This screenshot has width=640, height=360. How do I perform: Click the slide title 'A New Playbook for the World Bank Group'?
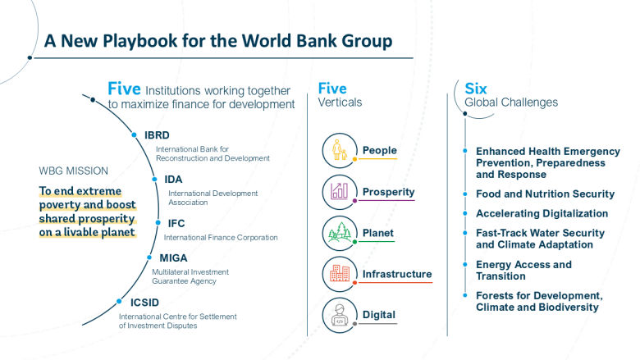tap(217, 40)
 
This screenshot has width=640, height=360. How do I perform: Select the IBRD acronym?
tap(158, 135)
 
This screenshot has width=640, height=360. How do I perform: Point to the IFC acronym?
tap(176, 223)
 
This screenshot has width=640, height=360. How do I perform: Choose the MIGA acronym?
tap(173, 258)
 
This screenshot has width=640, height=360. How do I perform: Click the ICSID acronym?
tap(145, 302)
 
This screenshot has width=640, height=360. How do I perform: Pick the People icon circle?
tap(340, 151)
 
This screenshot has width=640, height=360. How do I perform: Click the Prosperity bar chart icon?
tap(340, 192)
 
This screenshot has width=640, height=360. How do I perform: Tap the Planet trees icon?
tap(340, 233)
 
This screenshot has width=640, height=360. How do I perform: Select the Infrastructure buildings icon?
tap(340, 274)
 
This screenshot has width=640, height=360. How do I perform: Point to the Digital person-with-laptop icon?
tap(340, 315)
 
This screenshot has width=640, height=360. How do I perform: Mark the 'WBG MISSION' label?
tap(73, 171)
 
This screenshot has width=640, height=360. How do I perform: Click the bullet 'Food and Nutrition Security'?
tap(545, 194)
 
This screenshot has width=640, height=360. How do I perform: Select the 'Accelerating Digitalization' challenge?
tap(542, 213)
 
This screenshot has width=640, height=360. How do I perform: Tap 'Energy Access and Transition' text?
tap(523, 271)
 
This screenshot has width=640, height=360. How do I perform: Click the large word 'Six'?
tap(476, 88)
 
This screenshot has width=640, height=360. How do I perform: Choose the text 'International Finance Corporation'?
tap(221, 237)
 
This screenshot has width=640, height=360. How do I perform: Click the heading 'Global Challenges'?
tap(511, 103)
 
